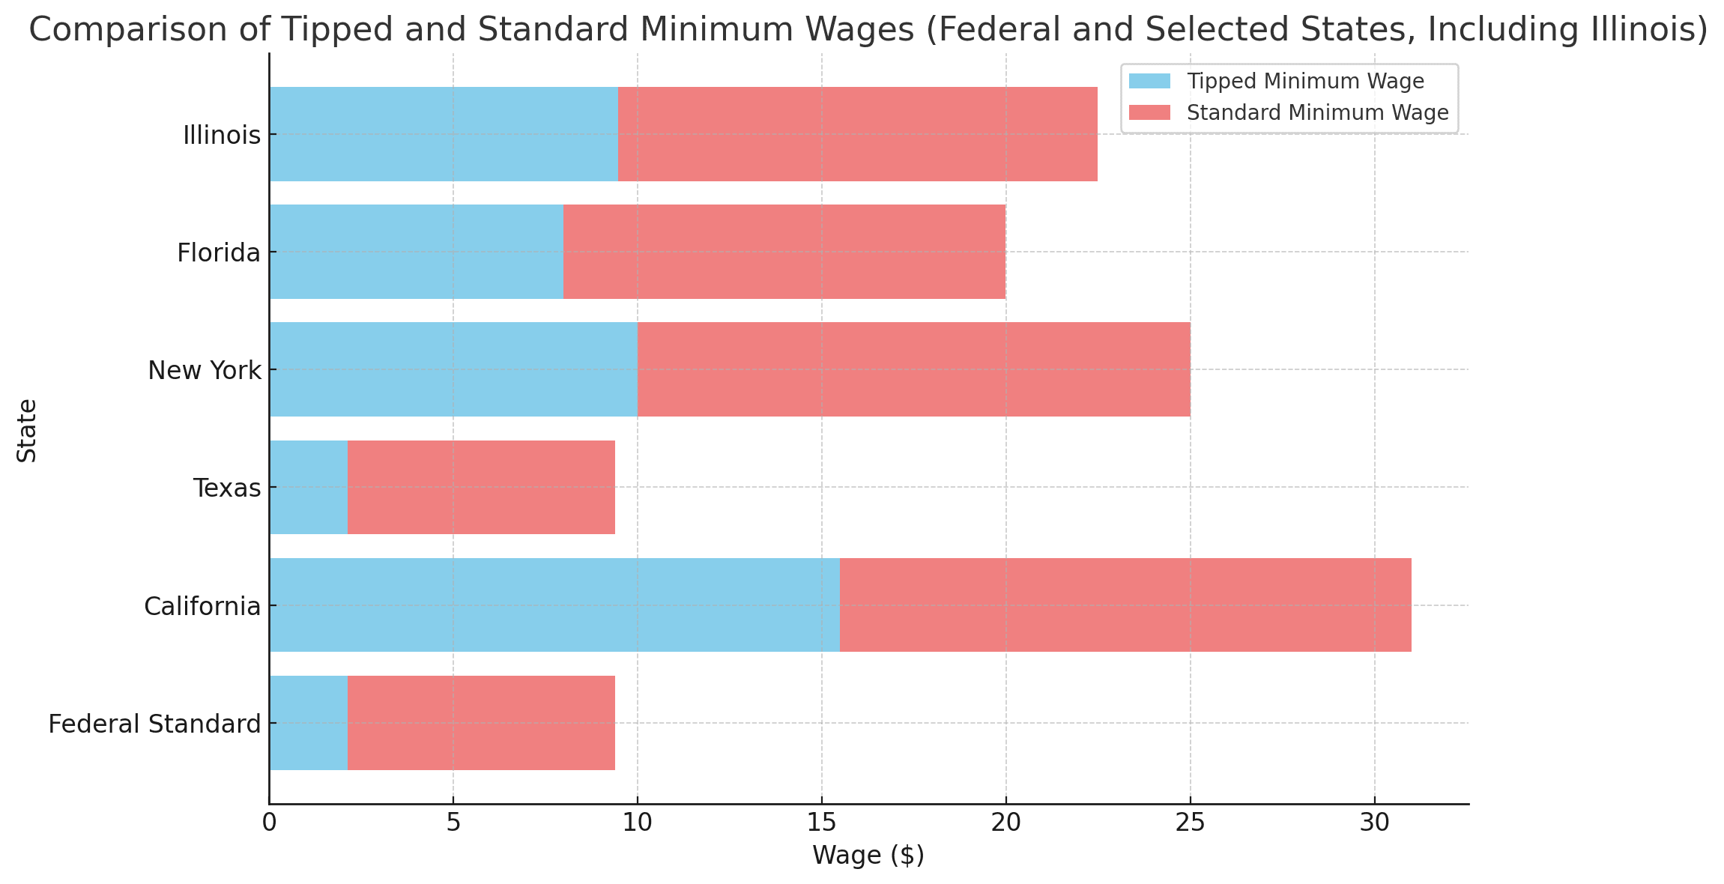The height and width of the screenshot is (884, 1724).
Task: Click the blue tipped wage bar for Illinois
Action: pyautogui.click(x=444, y=134)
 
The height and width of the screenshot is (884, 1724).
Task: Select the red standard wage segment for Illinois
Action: pyautogui.click(x=857, y=134)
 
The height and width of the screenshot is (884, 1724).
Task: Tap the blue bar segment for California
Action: pyautogui.click(x=554, y=605)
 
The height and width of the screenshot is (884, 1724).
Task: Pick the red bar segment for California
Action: pyautogui.click(x=1125, y=605)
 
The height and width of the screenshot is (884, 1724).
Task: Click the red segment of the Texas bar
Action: pyautogui.click(x=481, y=487)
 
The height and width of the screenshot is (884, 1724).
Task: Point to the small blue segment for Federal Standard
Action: pyautogui.click(x=308, y=723)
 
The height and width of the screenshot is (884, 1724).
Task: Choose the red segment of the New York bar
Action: pyautogui.click(x=913, y=369)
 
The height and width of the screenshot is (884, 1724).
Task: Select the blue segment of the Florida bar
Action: pyautogui.click(x=416, y=252)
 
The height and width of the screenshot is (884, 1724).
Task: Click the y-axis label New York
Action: pyautogui.click(x=205, y=370)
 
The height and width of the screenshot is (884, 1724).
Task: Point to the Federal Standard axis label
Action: pyautogui.click(x=154, y=724)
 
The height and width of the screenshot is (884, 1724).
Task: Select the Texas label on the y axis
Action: pyautogui.click(x=227, y=488)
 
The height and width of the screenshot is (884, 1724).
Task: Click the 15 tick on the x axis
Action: pyautogui.click(x=821, y=823)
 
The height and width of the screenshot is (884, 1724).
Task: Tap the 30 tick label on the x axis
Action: pyautogui.click(x=1374, y=823)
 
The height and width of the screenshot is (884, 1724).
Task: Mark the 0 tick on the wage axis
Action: pyautogui.click(x=269, y=823)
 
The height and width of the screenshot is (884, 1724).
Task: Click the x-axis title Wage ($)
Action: pyautogui.click(x=868, y=855)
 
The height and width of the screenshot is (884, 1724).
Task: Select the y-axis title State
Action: pyautogui.click(x=27, y=430)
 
